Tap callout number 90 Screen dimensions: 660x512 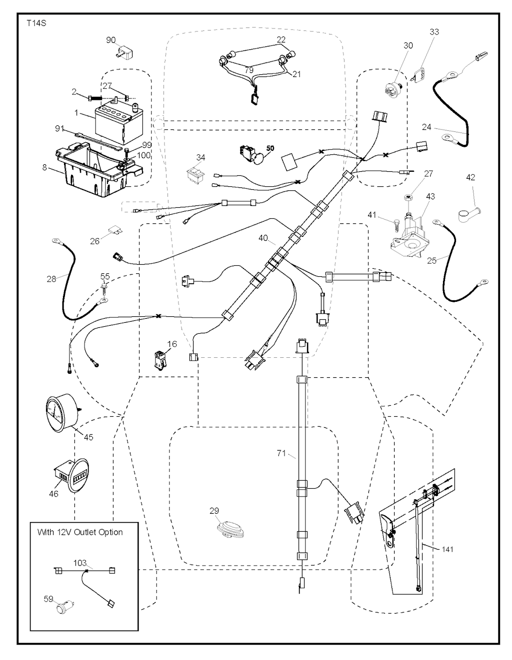(x=110, y=39)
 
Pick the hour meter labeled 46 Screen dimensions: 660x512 (x=71, y=476)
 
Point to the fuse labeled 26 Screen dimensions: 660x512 (x=114, y=232)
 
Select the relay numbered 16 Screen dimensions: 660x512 (x=161, y=361)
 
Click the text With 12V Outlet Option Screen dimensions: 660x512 (x=80, y=532)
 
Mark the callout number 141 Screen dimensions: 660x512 (x=447, y=549)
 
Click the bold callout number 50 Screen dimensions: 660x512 (x=270, y=148)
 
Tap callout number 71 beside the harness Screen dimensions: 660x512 (x=281, y=453)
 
